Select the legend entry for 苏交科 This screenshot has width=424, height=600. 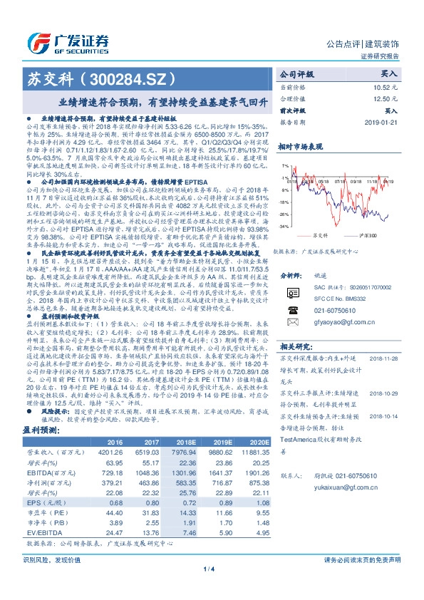point(321,234)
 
